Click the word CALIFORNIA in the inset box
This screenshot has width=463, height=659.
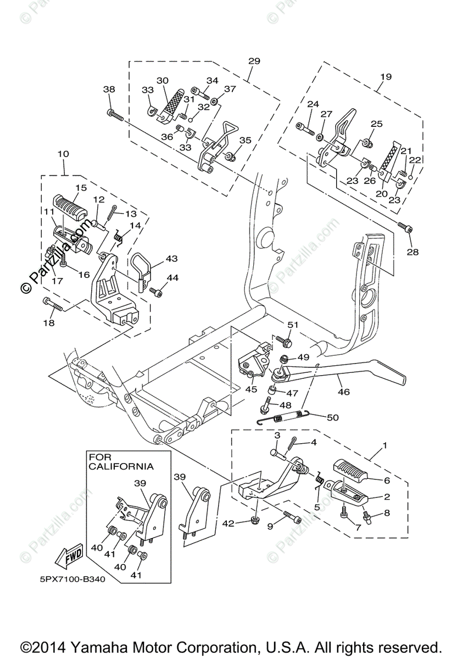121,467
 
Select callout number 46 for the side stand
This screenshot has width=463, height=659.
344,392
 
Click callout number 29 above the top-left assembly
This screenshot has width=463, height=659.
254,61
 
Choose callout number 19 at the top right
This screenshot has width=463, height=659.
386,76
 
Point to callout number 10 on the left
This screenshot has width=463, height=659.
64,154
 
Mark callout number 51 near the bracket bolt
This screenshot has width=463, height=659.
293,325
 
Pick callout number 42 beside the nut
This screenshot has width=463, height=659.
228,523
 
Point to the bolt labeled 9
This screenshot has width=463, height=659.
292,517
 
